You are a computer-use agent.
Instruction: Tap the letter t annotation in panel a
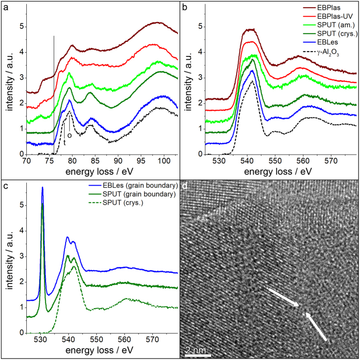(64, 141)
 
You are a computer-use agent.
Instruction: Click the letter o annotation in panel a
(69, 135)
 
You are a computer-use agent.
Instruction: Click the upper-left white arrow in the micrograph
(283, 297)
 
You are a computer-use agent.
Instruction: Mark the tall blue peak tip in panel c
(43, 188)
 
